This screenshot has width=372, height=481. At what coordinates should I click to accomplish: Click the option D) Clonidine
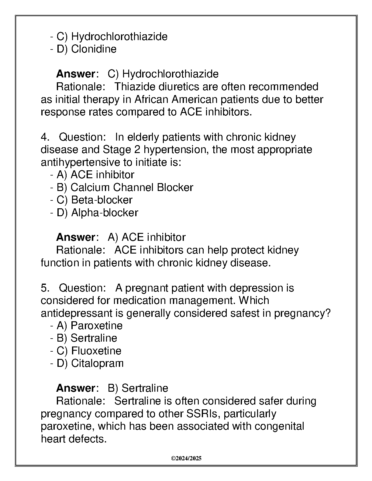(86, 49)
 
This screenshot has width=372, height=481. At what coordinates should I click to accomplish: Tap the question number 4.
(45, 137)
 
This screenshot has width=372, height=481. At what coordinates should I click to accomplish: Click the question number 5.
(45, 288)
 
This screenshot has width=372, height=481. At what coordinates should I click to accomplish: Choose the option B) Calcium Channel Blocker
(125, 187)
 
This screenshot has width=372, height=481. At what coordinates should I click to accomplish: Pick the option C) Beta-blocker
(94, 200)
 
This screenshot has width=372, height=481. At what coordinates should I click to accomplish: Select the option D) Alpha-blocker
(97, 213)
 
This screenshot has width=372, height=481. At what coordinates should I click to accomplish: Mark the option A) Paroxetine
(89, 326)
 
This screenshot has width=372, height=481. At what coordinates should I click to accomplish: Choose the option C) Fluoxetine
(89, 351)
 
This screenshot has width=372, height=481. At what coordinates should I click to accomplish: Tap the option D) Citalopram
(90, 363)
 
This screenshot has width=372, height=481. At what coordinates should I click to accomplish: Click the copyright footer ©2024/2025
(186, 459)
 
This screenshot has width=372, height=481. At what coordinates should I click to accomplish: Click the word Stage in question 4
(116, 150)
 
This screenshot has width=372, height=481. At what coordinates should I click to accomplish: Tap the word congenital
(279, 426)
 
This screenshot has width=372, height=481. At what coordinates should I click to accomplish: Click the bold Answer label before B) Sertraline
(76, 388)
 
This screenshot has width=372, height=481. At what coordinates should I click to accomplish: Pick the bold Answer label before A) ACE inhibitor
(76, 237)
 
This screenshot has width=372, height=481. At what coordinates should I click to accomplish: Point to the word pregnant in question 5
(146, 288)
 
